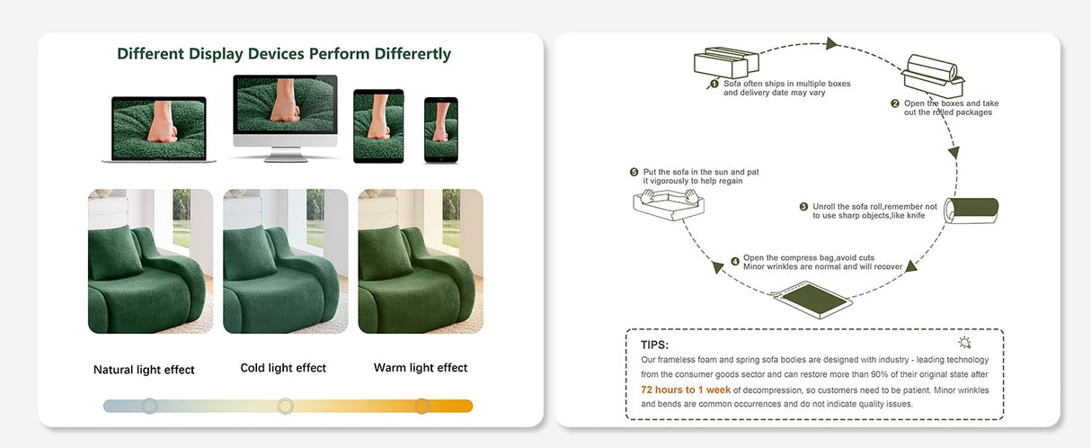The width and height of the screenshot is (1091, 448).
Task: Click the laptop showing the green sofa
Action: click(x=159, y=129)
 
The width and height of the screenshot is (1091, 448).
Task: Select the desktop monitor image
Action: click(x=285, y=115)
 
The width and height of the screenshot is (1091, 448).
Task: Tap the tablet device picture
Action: click(x=378, y=125)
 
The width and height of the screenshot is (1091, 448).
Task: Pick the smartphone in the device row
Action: click(x=440, y=130)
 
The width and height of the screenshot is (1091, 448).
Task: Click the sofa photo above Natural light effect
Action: click(x=150, y=261)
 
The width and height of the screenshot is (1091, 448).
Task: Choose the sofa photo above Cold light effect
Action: click(x=285, y=261)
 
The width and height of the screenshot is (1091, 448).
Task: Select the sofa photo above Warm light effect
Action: click(x=421, y=261)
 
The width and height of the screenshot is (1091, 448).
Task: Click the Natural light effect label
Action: click(x=144, y=370)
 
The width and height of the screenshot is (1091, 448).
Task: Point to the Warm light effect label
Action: click(x=421, y=368)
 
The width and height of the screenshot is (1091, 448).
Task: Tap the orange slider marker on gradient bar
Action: click(x=421, y=406)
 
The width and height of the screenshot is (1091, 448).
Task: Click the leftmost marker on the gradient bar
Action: click(x=149, y=406)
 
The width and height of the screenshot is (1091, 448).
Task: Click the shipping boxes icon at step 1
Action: click(x=721, y=63)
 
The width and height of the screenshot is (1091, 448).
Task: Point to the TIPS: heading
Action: click(x=654, y=345)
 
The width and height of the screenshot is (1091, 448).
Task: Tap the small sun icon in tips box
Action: click(x=965, y=343)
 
